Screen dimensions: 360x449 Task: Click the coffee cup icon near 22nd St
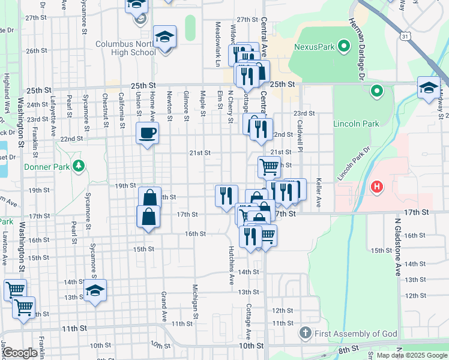point(148,133)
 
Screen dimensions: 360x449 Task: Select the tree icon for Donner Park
point(77,165)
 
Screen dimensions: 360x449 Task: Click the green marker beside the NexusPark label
point(344,46)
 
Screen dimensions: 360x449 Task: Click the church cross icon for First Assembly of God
point(306,332)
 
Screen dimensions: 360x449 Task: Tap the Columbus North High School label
point(125,48)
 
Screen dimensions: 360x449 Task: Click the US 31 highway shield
point(406,37)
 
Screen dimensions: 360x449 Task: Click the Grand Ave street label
point(163,307)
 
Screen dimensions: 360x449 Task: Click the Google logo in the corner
point(20,353)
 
